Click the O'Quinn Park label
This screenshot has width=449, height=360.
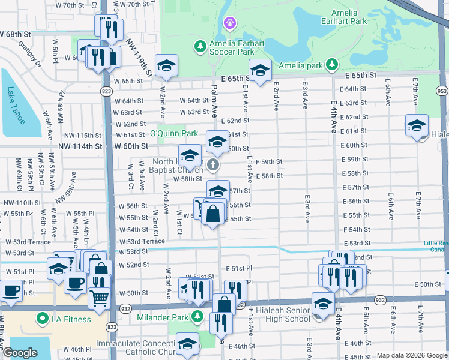click(174, 133)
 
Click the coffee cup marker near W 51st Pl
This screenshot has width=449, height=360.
click(75, 282)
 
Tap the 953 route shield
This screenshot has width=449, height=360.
click(442, 91)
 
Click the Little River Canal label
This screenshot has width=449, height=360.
click(436, 247)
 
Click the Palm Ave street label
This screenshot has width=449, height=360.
click(214, 99)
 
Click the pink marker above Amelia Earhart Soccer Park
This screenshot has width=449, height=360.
click(229, 23)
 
